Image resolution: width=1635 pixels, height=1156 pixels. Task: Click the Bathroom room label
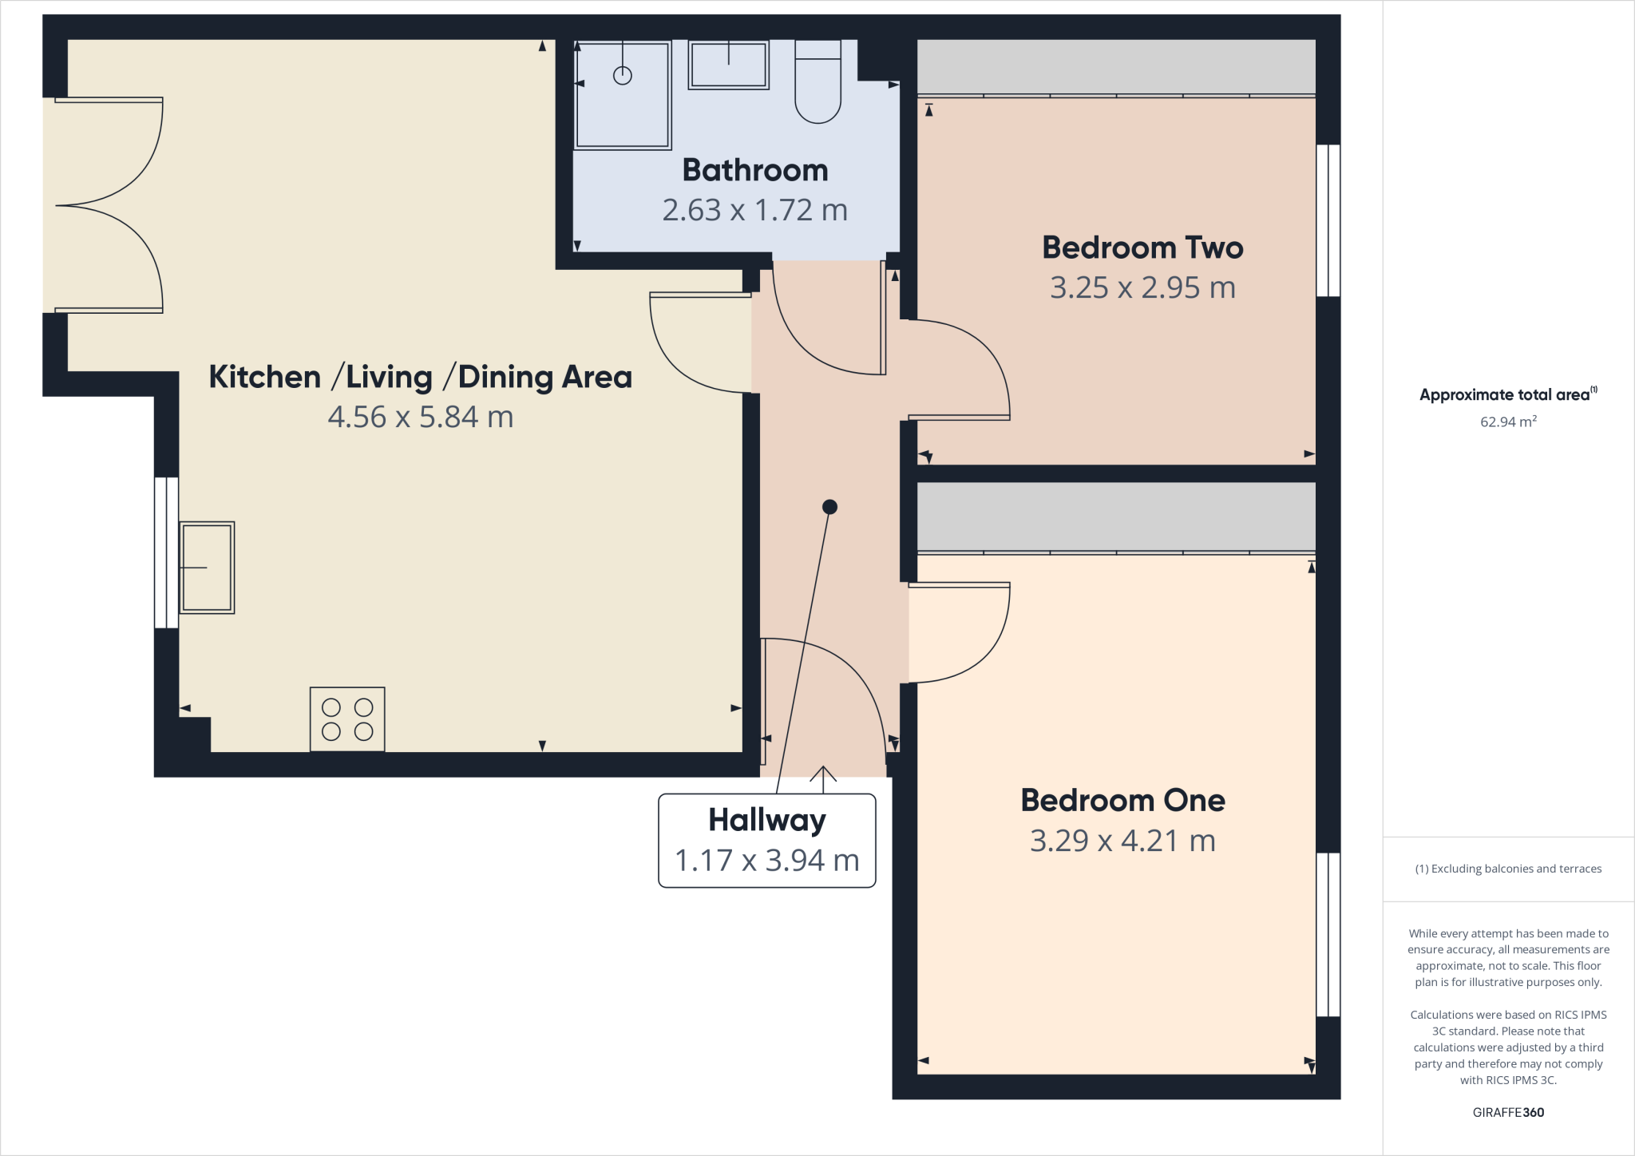click(754, 170)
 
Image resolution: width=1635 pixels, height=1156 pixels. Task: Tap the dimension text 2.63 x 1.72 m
click(754, 210)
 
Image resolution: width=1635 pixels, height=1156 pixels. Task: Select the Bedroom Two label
click(1142, 247)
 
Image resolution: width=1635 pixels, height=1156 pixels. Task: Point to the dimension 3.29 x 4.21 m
click(1122, 841)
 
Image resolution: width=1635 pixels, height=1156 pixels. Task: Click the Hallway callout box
click(766, 840)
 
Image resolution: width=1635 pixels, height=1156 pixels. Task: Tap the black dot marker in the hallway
click(829, 507)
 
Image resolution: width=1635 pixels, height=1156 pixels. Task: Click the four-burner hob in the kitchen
click(347, 719)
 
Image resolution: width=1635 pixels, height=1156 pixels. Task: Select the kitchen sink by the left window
click(207, 567)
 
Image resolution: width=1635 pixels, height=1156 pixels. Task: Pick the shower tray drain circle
click(623, 76)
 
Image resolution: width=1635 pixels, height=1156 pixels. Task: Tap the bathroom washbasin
click(728, 65)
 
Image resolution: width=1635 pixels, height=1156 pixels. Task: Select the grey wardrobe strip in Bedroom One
click(1115, 517)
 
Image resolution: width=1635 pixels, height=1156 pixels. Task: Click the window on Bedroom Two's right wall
click(1328, 220)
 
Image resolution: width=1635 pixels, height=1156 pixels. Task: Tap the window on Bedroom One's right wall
click(1328, 934)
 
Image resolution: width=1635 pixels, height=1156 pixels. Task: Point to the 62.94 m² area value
click(1507, 422)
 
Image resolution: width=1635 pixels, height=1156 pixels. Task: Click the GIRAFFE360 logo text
click(1507, 1112)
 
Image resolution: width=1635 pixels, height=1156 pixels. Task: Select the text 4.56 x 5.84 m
click(420, 417)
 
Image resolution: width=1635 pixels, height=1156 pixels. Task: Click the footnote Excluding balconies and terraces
click(1508, 869)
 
